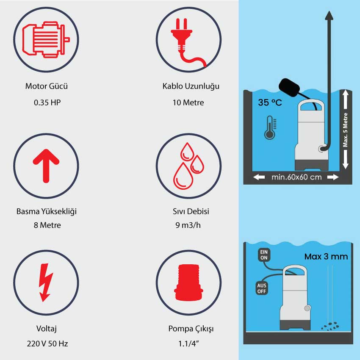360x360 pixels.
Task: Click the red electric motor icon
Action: (x=46, y=39)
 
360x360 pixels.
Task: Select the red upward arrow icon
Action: (x=46, y=166)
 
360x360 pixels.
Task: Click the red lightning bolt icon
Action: (x=46, y=282)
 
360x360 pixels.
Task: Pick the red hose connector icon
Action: (x=189, y=282)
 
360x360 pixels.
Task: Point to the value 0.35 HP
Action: (x=47, y=102)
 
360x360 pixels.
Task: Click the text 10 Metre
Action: (x=188, y=102)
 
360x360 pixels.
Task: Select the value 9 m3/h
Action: (x=188, y=225)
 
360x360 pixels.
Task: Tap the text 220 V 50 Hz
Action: (x=47, y=344)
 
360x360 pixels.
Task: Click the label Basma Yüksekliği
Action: (x=47, y=211)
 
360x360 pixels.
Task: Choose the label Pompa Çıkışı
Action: (x=191, y=329)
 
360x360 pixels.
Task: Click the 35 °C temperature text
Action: (x=270, y=102)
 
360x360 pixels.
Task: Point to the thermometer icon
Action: (x=270, y=127)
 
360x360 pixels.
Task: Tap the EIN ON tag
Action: (x=264, y=255)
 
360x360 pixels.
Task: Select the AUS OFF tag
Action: (x=261, y=288)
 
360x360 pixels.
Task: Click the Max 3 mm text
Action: (x=326, y=257)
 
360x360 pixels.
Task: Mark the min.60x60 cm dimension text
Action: (x=296, y=177)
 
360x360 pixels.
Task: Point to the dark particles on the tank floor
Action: (x=330, y=326)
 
